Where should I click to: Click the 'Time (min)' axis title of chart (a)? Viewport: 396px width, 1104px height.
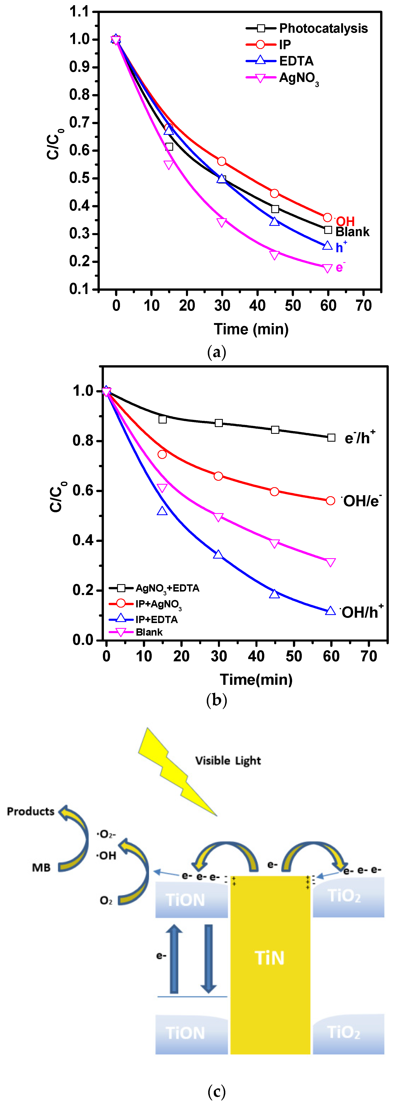click(251, 329)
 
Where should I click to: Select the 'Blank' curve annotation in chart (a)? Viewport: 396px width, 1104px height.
click(352, 232)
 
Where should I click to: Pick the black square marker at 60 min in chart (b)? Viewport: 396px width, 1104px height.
click(331, 438)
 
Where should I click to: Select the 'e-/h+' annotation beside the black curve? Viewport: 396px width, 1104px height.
click(360, 438)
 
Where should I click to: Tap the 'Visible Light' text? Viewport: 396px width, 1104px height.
click(228, 761)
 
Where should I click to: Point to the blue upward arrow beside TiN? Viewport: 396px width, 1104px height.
click(174, 959)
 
